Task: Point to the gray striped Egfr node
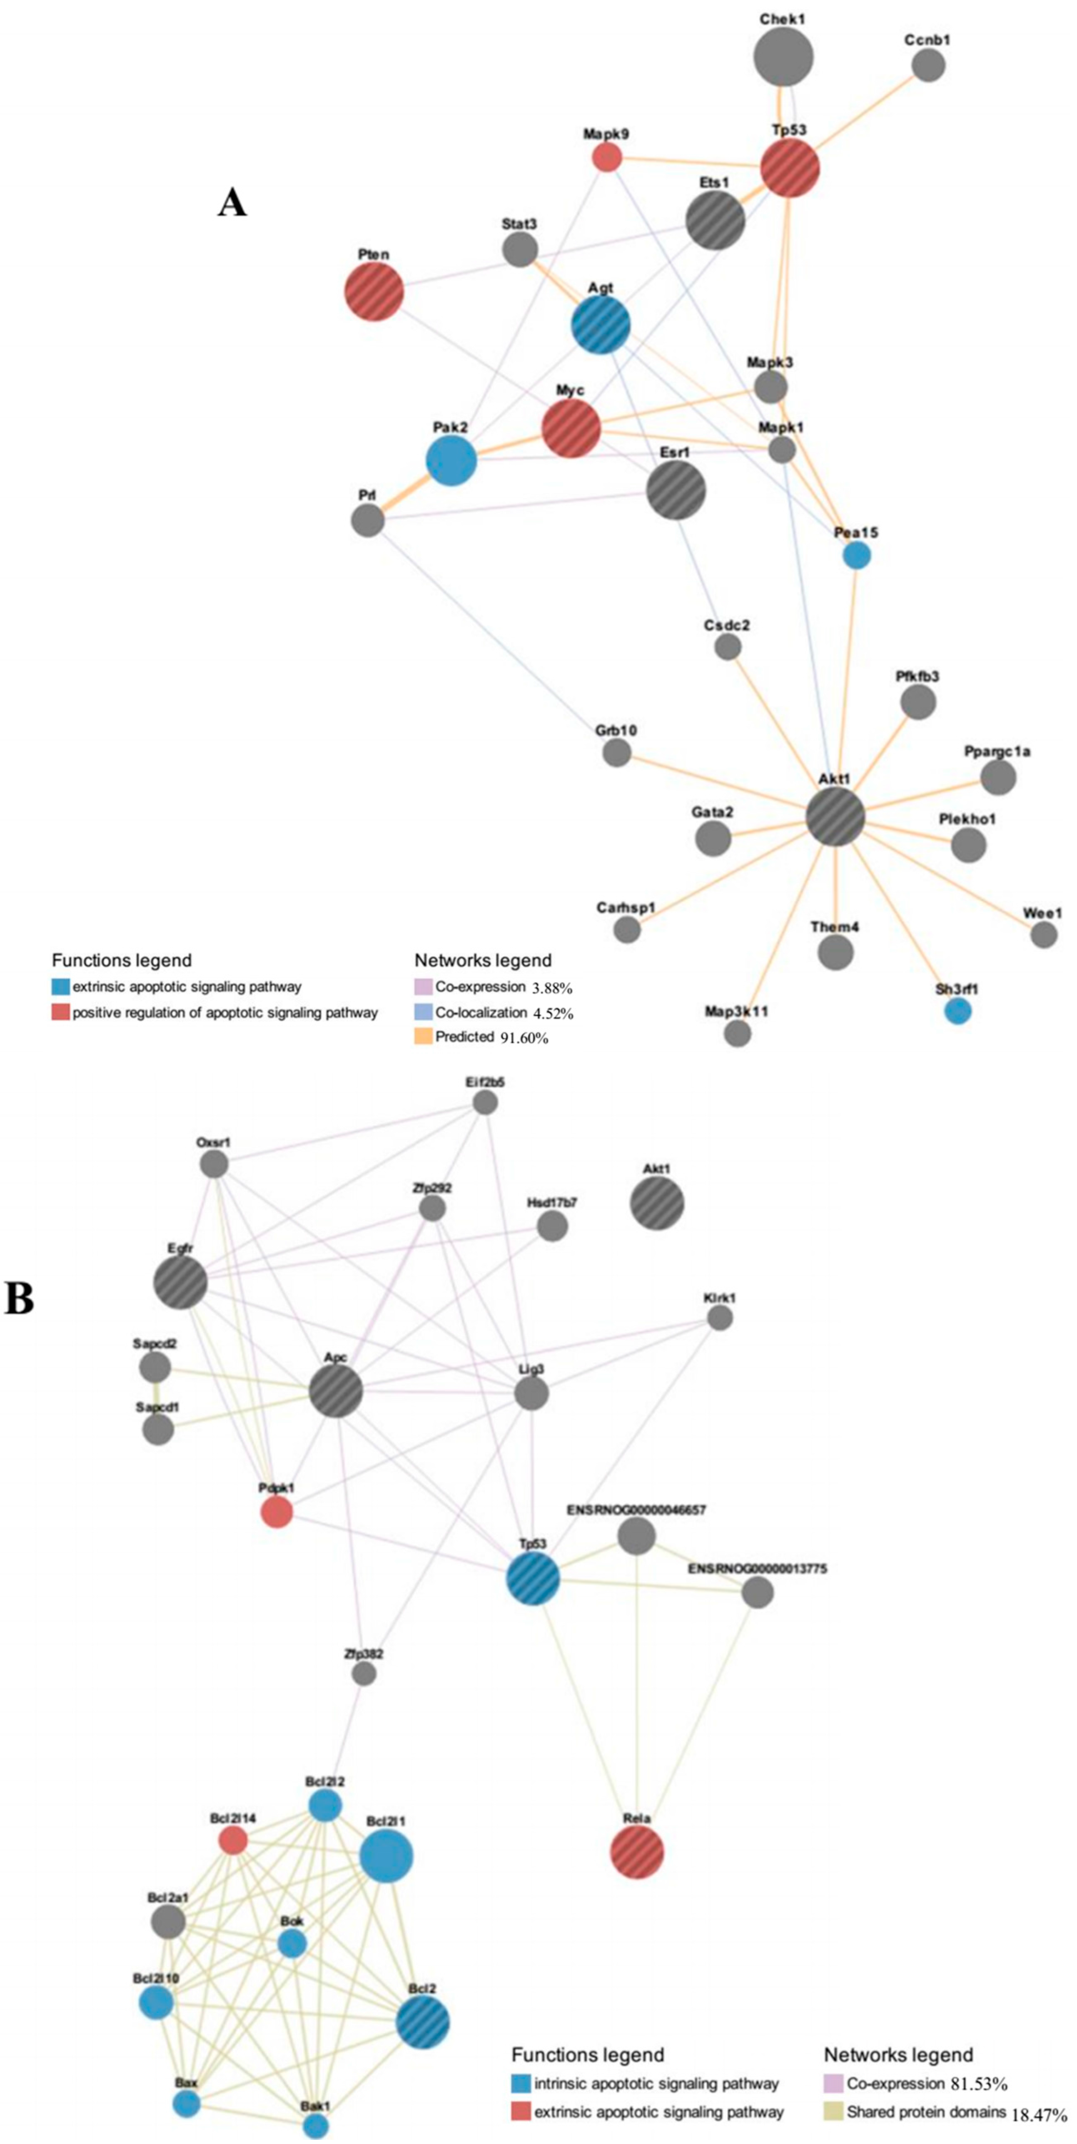tap(181, 1283)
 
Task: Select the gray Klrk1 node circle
tap(720, 1318)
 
